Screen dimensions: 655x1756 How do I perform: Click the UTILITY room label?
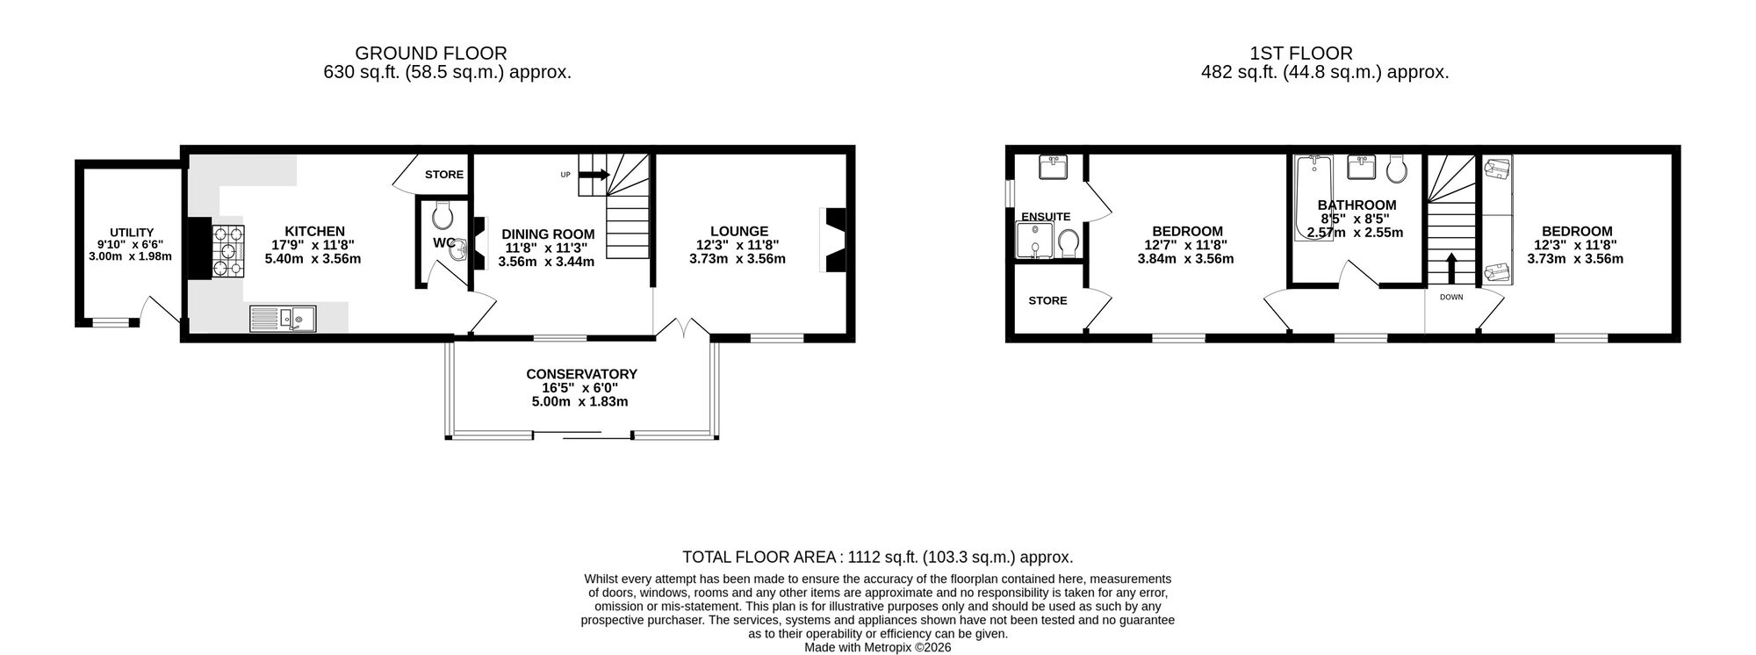(x=132, y=233)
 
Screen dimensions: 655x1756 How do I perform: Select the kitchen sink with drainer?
(x=282, y=318)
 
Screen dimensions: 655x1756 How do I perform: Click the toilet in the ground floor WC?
(x=442, y=213)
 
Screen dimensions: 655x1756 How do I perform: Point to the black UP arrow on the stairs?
(x=594, y=175)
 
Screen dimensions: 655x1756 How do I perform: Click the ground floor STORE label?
(x=444, y=175)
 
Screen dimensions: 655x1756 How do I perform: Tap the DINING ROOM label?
(x=548, y=234)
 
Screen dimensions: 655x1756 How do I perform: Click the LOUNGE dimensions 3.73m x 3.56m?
(x=738, y=259)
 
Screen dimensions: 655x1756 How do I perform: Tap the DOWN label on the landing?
(x=1451, y=297)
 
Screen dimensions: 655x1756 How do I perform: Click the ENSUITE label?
(x=1046, y=217)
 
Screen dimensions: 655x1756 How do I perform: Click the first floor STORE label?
(x=1047, y=300)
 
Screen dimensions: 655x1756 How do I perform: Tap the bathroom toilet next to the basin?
(x=1398, y=168)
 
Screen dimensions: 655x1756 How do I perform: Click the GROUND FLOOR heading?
(x=431, y=54)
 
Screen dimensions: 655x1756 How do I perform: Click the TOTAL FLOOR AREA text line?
(x=877, y=557)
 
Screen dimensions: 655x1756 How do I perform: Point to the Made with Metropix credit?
(x=877, y=647)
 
